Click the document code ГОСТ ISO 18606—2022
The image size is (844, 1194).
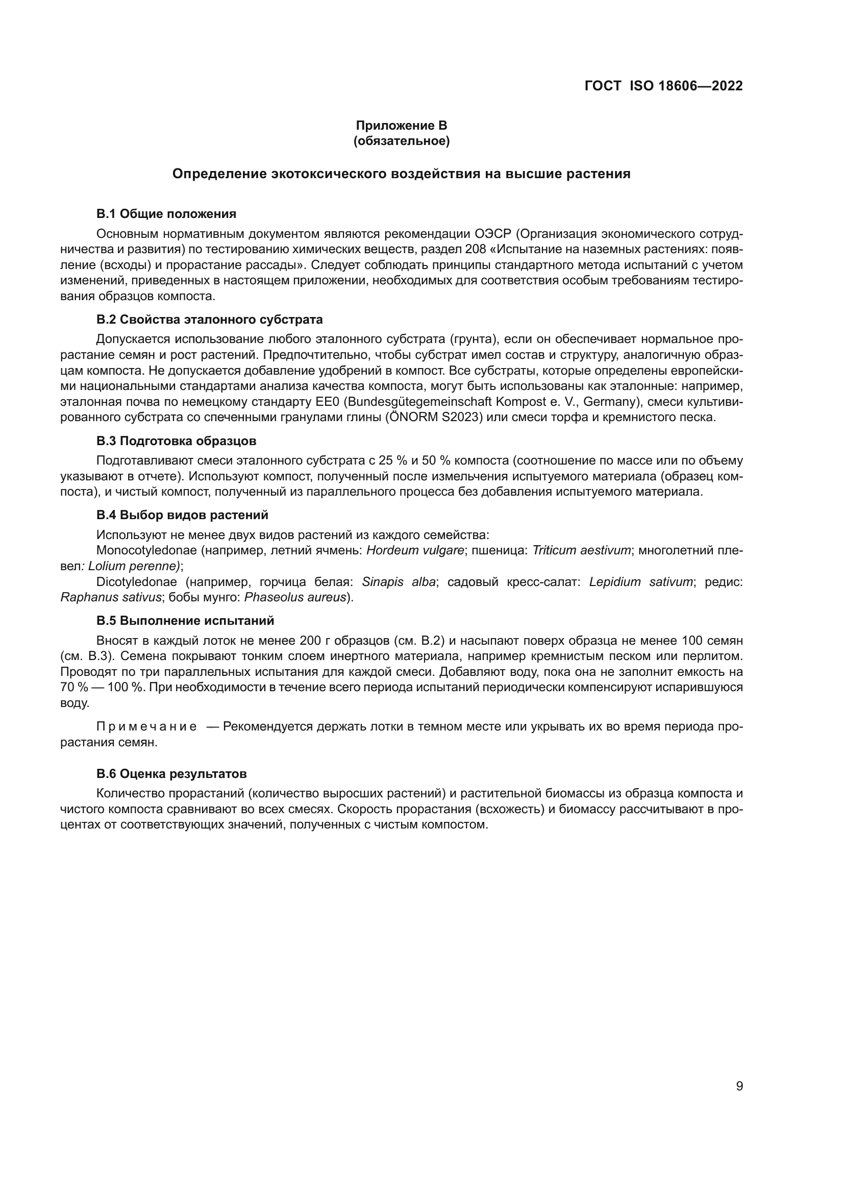pos(664,86)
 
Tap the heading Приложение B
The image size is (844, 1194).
pos(401,126)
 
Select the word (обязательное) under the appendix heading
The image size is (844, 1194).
pos(401,141)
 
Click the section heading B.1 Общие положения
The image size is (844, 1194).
pos(166,214)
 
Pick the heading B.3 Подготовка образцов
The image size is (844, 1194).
pos(176,441)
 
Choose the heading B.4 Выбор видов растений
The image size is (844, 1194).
pos(182,516)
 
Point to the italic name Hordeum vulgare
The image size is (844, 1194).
pos(415,550)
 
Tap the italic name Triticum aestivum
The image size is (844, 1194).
pos(582,550)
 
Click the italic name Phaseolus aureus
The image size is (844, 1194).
pos(295,598)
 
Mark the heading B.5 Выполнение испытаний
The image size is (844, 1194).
pos(185,621)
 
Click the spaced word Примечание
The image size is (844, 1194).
pos(146,726)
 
